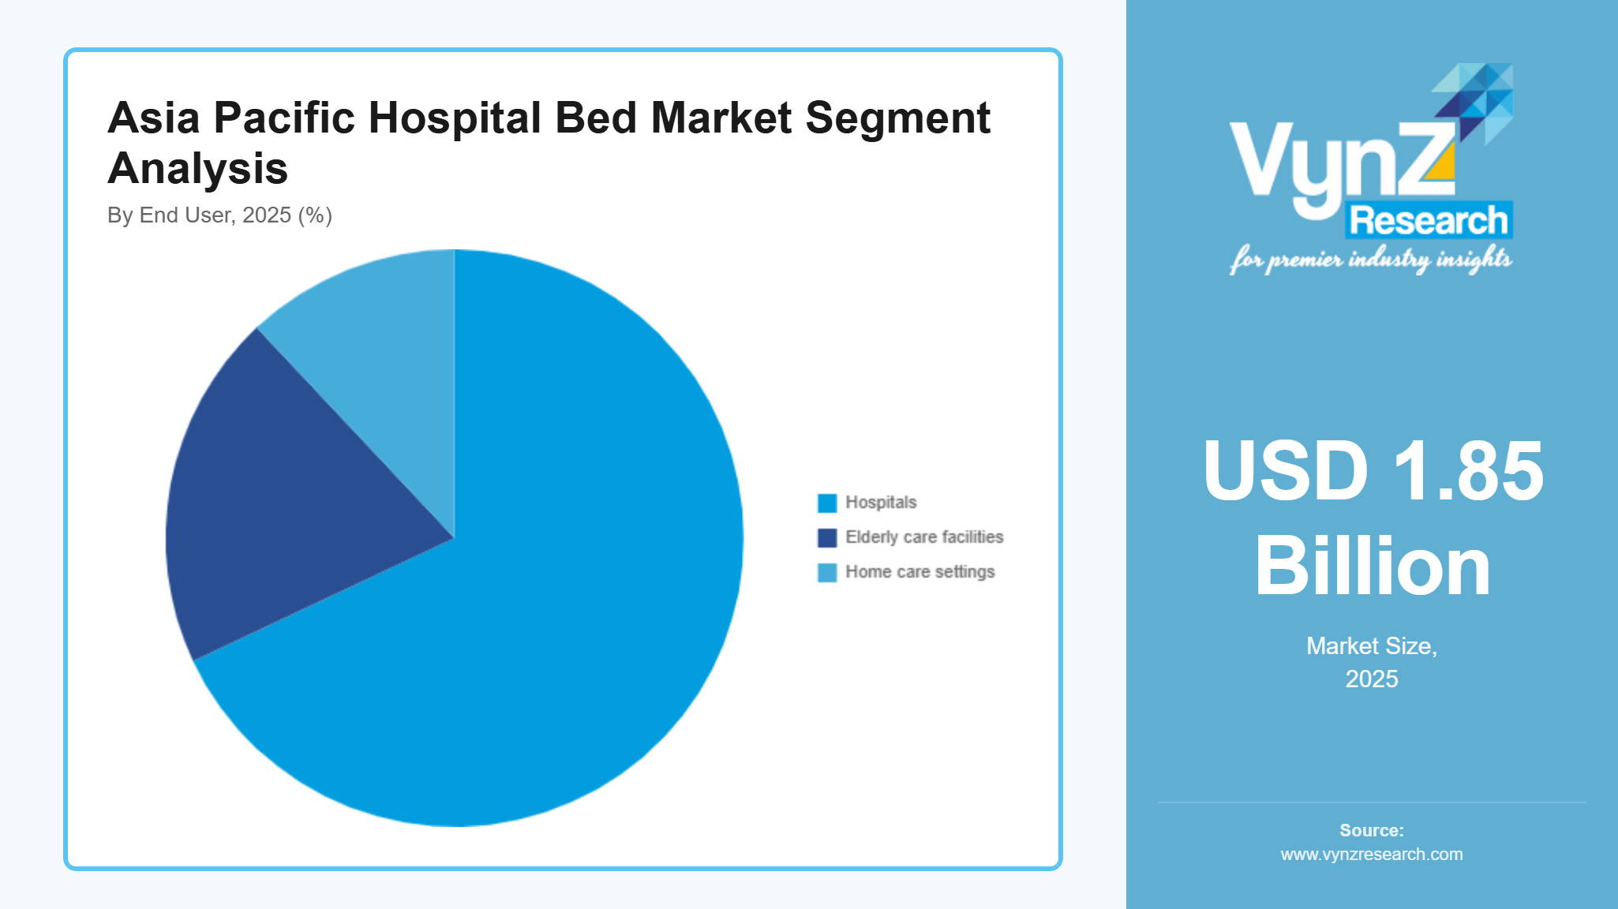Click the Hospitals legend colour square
coord(826,503)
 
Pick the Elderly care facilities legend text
coord(923,537)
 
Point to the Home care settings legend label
coord(919,572)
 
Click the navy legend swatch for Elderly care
coord(826,537)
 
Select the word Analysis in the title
coord(197,169)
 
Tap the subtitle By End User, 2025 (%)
coord(219,215)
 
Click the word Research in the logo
coord(1429,220)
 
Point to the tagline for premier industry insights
coord(1371,260)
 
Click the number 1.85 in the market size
coord(1467,471)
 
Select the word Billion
coord(1373,567)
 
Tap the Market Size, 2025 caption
coord(1372,661)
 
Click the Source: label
coord(1372,830)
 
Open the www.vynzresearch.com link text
coord(1372,855)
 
